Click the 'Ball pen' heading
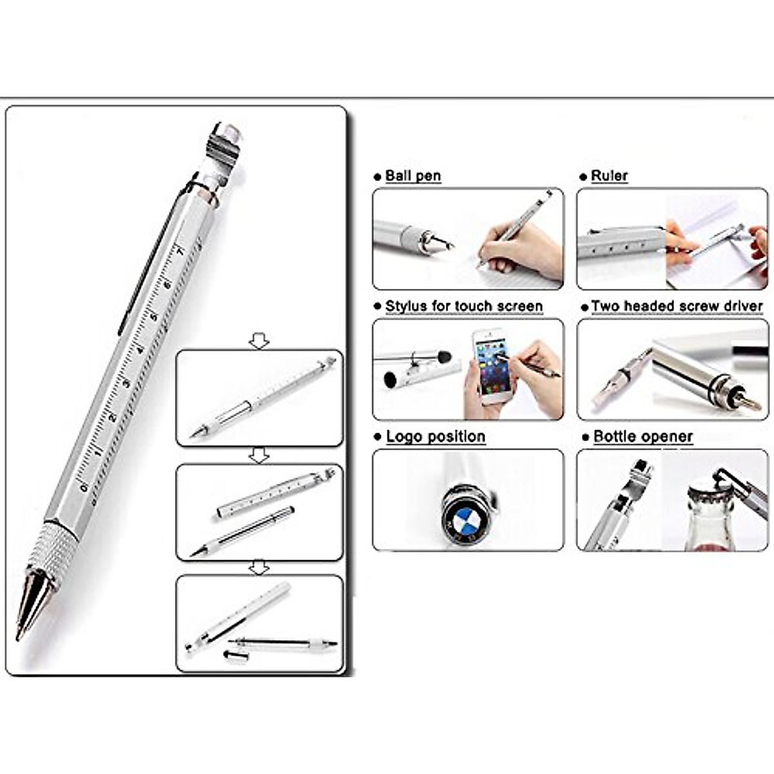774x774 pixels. coord(413,176)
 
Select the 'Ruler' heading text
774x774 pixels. coord(609,176)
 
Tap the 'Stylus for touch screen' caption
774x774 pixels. coord(464,306)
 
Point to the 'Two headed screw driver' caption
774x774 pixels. coord(677,306)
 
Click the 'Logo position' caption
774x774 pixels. coord(435,437)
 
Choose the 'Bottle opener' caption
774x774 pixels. coord(642,437)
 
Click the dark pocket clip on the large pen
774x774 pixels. coord(148,258)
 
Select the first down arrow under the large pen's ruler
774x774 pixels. coord(259,341)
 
